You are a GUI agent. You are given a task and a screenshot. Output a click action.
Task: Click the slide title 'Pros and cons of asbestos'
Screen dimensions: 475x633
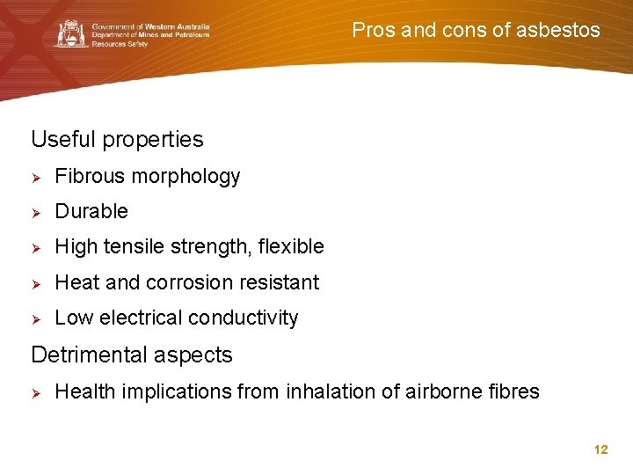[476, 30]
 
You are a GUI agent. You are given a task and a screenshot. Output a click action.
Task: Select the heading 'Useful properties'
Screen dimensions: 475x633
[117, 139]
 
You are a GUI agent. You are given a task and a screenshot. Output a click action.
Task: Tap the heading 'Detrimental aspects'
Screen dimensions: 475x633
[132, 354]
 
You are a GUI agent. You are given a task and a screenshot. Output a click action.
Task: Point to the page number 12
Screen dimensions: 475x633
[601, 449]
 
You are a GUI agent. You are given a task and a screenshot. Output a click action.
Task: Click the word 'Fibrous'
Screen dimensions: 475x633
[90, 176]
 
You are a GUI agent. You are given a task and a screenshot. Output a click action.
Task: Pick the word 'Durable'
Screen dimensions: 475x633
[91, 211]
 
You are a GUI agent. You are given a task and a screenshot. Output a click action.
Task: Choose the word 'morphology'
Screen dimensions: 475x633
[186, 177]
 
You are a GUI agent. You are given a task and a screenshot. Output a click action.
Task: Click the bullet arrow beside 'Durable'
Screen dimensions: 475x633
[38, 212]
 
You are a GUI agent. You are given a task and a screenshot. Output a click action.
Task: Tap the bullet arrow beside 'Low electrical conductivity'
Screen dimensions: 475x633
[38, 318]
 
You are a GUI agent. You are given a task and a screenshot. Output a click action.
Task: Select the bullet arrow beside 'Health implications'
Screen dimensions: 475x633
[38, 392]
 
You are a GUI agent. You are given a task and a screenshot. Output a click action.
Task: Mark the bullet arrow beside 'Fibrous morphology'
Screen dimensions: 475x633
[38, 177]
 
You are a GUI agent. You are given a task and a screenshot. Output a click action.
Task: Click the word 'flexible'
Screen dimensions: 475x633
[291, 247]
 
